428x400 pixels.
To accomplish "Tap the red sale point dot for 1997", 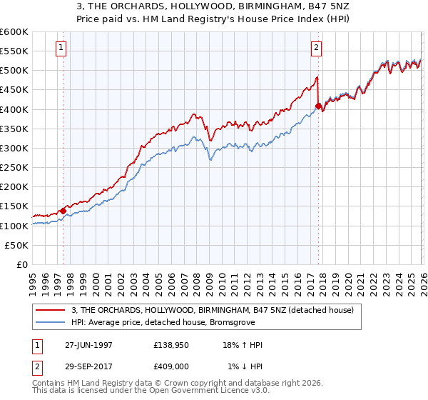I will pos(63,210).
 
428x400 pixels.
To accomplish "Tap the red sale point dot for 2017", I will pos(318,106).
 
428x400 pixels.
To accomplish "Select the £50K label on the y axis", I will pos(17,245).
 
